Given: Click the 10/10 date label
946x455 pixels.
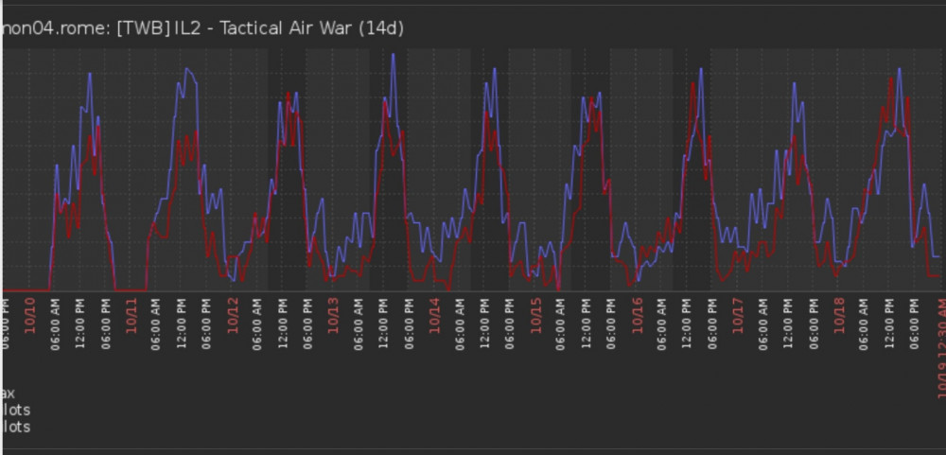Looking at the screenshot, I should point(29,309).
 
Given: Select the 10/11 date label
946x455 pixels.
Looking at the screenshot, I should point(131,309).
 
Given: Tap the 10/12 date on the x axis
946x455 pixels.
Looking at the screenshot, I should point(233,309).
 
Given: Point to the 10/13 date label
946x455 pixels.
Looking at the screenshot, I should point(333,309).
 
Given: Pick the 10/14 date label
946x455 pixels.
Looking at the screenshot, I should point(434,309).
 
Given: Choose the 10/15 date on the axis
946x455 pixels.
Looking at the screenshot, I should point(535,309).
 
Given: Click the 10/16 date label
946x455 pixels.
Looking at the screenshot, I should point(637,309).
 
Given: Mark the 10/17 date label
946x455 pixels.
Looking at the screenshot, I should point(738,309).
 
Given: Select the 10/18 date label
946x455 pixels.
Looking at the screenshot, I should point(839,309).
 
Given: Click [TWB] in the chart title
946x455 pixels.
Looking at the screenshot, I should point(144,28).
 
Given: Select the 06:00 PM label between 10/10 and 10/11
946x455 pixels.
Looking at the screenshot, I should point(106,322).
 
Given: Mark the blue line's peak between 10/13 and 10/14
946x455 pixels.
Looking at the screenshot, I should point(393,54).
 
